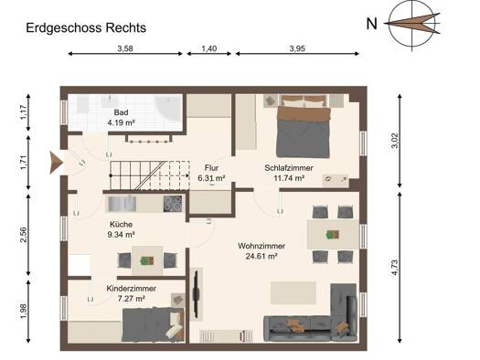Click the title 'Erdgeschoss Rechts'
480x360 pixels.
tap(86, 27)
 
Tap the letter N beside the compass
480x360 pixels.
tap(371, 24)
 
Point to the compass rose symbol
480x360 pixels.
tap(412, 24)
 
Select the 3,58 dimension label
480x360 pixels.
tap(125, 48)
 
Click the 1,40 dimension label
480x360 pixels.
tap(209, 48)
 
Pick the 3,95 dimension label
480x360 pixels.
tap(297, 48)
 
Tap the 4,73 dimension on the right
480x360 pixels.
tap(395, 268)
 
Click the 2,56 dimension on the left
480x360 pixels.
tap(23, 235)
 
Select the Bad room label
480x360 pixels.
tap(121, 112)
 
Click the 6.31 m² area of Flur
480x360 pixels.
tap(211, 178)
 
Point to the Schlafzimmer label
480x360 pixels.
tap(289, 168)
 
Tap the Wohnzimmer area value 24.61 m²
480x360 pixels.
tap(261, 256)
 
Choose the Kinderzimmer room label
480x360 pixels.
tap(132, 289)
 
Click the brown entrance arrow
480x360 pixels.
tap(56, 163)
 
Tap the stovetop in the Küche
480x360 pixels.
tap(173, 204)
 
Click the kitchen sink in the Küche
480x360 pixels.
tap(122, 204)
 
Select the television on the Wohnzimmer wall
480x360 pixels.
tap(196, 294)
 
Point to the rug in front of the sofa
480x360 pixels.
tap(293, 293)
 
